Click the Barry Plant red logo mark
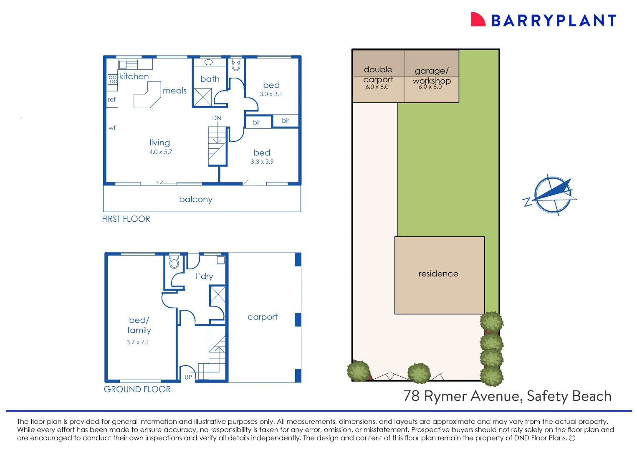click(478, 19)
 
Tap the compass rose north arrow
click(552, 194)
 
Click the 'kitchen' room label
click(134, 76)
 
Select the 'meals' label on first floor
click(174, 91)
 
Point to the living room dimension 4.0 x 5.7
click(161, 152)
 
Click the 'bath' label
click(210, 79)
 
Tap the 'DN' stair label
click(217, 118)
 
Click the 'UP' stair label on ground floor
click(188, 377)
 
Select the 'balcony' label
click(196, 200)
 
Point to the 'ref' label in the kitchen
click(111, 99)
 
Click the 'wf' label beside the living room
click(112, 128)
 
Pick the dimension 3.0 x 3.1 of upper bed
click(271, 94)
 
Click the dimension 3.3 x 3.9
click(262, 162)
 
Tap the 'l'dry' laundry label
click(204, 276)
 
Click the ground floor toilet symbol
click(174, 262)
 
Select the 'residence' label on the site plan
click(438, 274)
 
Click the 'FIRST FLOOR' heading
click(126, 219)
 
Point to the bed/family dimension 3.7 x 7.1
click(138, 342)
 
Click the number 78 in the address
click(412, 396)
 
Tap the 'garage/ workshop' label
click(432, 76)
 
